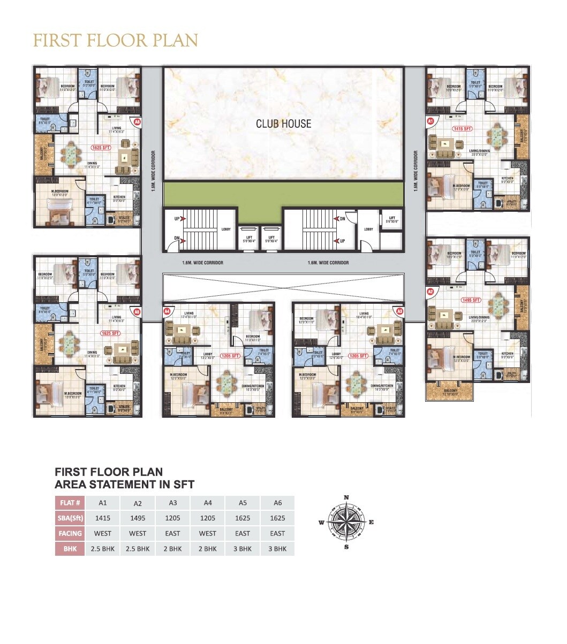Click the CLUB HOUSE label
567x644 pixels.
point(283,124)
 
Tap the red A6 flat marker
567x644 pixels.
point(137,122)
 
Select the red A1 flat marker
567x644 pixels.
point(430,121)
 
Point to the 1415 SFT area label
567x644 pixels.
point(462,129)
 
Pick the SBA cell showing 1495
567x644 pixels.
point(138,518)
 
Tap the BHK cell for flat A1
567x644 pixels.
point(103,549)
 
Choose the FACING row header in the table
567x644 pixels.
point(70,533)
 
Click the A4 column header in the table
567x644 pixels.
point(207,503)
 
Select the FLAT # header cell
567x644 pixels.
point(70,503)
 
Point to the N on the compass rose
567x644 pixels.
point(346,497)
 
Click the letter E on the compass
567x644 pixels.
point(372,522)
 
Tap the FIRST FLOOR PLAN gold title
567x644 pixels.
point(116,41)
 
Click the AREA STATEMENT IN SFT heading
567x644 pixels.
point(124,485)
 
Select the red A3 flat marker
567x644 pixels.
point(398,311)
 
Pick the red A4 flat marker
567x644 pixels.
point(167,311)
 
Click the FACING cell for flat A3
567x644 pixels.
point(172,533)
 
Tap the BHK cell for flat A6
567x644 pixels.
point(277,549)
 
